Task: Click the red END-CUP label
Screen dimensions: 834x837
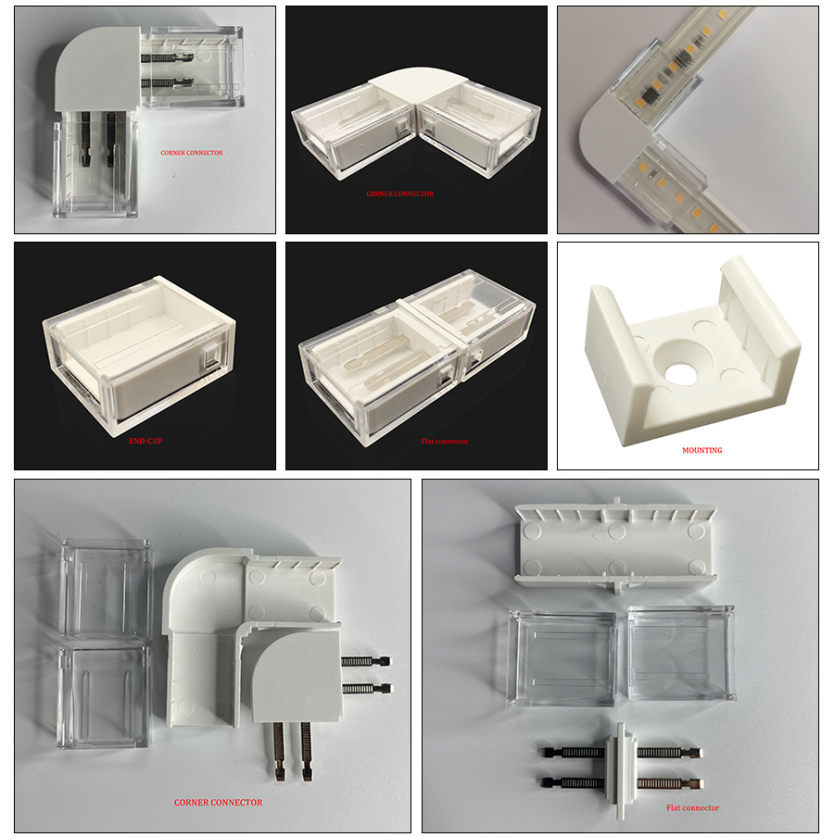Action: click(145, 441)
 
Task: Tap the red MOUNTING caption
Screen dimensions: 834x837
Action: click(702, 450)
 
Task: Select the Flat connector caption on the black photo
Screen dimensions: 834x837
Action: click(445, 441)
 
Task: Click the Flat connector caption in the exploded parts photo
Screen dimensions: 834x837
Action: click(692, 807)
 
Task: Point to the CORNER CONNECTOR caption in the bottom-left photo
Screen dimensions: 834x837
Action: click(218, 803)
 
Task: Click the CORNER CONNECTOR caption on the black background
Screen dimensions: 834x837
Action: click(399, 194)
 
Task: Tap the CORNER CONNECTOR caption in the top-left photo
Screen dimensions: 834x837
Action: click(191, 153)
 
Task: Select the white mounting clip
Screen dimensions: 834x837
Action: click(692, 350)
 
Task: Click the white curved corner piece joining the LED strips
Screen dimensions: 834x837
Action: click(614, 136)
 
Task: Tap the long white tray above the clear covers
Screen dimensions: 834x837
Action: click(615, 543)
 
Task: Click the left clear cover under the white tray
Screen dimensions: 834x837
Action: click(562, 657)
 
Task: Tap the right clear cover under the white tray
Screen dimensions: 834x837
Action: click(681, 653)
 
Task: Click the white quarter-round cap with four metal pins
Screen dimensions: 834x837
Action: click(297, 675)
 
